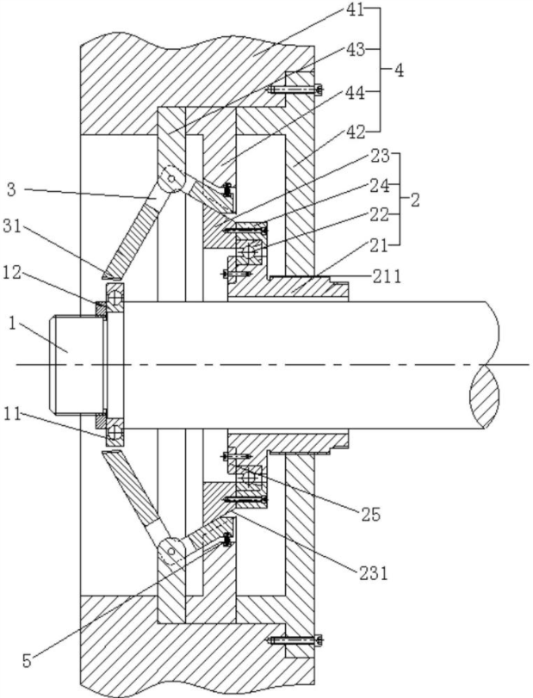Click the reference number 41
point(355,9)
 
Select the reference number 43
point(355,50)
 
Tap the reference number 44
point(355,93)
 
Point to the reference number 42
point(355,132)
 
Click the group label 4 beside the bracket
point(399,71)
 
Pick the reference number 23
point(380,157)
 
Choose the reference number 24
point(380,186)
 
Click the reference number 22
point(380,215)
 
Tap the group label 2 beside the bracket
point(414,200)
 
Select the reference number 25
point(370,514)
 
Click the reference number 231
point(373,573)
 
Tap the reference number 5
point(28,661)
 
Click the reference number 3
point(11,190)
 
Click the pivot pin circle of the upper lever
point(171,179)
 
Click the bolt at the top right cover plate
point(294,90)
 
